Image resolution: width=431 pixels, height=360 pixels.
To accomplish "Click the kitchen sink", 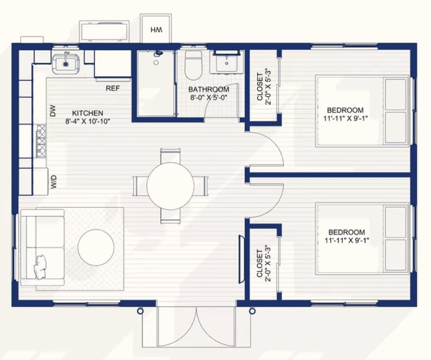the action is click(x=66, y=64).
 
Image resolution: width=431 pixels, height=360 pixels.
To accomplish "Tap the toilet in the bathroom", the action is click(x=193, y=65).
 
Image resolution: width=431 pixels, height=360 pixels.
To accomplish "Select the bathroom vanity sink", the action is click(x=226, y=62).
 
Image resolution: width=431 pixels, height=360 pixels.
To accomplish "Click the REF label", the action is click(x=113, y=88).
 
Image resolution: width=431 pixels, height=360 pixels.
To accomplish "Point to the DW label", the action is click(x=53, y=111).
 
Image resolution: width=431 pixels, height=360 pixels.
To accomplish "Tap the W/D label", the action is click(x=54, y=182).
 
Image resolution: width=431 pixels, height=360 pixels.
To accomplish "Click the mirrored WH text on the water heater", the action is click(x=156, y=30).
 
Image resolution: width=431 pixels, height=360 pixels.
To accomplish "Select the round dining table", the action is click(x=171, y=186).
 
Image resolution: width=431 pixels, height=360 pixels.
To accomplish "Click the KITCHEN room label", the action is click(x=87, y=113).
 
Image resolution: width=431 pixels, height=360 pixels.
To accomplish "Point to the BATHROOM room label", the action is click(x=208, y=89).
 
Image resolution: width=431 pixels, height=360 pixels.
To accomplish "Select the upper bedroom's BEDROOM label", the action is click(x=345, y=110).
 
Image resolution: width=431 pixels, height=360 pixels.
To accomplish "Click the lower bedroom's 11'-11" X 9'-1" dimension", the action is click(x=347, y=240).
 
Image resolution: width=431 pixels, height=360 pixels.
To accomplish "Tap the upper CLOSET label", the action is click(x=260, y=86).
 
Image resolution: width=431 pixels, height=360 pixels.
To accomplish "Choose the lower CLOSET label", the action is click(x=260, y=263).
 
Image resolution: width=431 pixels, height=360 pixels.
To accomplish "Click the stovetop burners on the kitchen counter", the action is click(x=41, y=141).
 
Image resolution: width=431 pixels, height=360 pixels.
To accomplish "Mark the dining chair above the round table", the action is click(x=171, y=156).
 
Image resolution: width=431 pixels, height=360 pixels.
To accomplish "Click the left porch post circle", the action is click(x=140, y=311).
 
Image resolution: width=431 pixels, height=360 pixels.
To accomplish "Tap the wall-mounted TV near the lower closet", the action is click(x=241, y=259).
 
